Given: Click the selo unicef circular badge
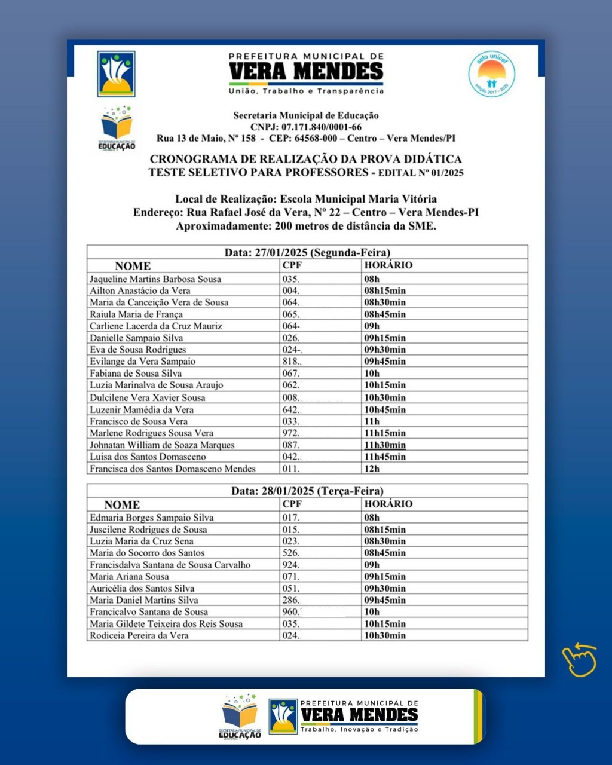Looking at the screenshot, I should [x=491, y=74].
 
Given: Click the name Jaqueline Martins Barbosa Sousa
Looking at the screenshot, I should [x=155, y=279].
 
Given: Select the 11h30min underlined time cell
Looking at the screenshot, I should [x=385, y=445].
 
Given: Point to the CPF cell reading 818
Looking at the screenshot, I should [x=292, y=362].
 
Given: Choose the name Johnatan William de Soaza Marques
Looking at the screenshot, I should [x=162, y=445].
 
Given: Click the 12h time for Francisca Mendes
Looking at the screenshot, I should [x=372, y=469].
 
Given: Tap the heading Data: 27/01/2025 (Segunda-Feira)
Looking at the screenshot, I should [x=307, y=252].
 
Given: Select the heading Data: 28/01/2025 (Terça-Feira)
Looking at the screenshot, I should [x=307, y=491].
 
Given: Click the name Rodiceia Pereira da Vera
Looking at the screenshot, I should [x=139, y=635].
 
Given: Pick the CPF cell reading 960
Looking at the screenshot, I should [x=291, y=612].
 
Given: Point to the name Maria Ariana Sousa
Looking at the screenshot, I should [x=129, y=577].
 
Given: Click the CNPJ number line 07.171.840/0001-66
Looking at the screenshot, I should [x=306, y=127].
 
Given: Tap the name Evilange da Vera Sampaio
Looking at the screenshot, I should [x=142, y=362].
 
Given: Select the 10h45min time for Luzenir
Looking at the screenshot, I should [x=385, y=409].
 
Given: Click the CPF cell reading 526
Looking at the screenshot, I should [x=291, y=553].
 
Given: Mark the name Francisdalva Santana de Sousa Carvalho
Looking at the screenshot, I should [x=170, y=565].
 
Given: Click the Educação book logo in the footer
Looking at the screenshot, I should [x=240, y=716].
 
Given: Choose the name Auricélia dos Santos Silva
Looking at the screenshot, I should [x=142, y=589].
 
